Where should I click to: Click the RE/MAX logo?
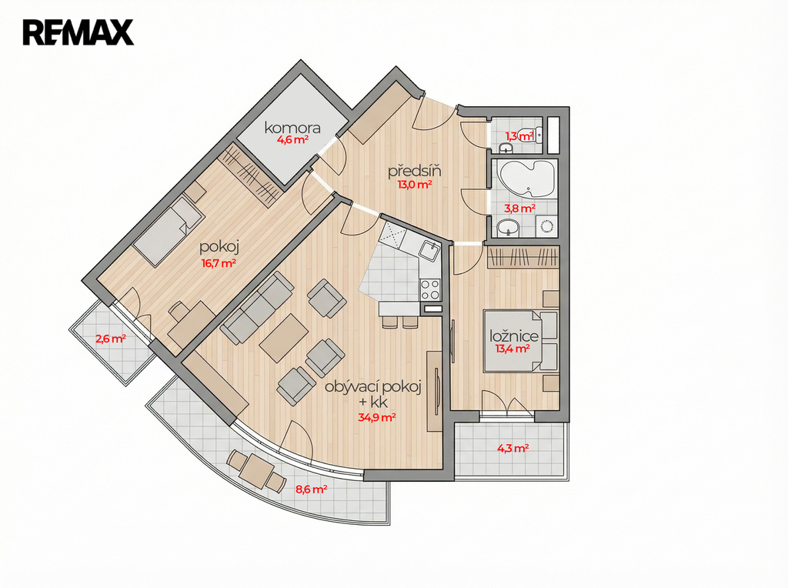click(78, 32)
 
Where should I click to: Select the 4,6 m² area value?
click(292, 140)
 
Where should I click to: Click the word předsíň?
click(415, 171)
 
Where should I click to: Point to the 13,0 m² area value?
click(415, 185)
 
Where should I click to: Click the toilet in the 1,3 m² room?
click(531, 135)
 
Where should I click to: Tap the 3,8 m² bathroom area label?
click(519, 208)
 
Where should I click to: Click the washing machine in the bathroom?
click(546, 226)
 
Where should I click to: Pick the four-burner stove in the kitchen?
click(430, 289)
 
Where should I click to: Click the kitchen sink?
click(430, 249)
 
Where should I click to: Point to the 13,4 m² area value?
click(513, 349)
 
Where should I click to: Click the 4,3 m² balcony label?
click(513, 448)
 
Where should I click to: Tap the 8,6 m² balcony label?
click(312, 489)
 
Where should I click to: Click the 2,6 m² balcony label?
click(111, 339)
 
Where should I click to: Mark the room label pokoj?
click(219, 247)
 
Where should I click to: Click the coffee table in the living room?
click(284, 338)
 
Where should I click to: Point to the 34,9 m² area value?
click(377, 417)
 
